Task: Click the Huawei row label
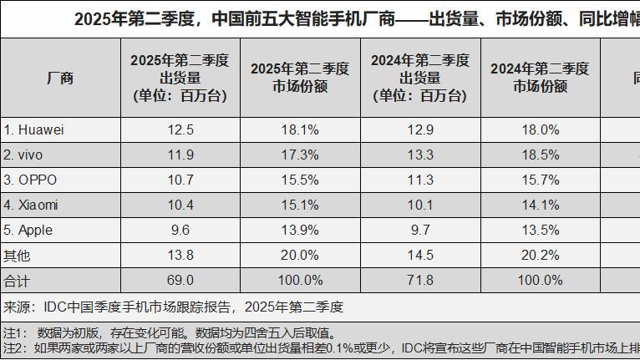point(34,130)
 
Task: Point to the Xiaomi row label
point(31,205)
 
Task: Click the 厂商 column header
point(59,79)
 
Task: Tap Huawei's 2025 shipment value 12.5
point(180,130)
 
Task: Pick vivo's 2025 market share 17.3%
point(300,155)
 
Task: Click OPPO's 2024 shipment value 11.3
point(420,180)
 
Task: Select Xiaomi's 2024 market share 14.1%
point(540,205)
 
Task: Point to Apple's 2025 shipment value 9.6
point(180,230)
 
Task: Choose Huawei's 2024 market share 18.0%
point(540,130)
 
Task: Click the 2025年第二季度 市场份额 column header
point(300,78)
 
